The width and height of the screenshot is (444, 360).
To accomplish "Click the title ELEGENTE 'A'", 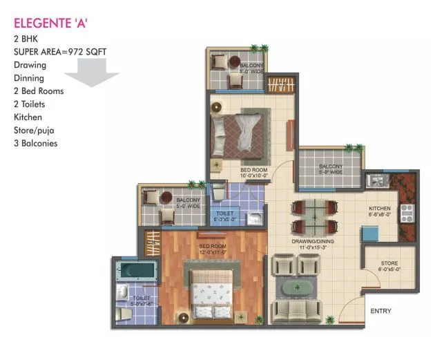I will coord(50,25).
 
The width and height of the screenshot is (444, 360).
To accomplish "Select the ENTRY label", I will coord(380,311).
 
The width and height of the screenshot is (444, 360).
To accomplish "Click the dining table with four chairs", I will coord(314,216).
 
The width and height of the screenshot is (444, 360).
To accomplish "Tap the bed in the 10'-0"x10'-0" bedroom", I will coord(238,132).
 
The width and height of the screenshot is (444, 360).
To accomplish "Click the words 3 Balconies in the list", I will coord(35,144).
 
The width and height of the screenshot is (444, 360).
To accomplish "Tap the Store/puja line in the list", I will coord(39,131).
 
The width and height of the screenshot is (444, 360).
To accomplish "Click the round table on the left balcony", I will coord(166,198).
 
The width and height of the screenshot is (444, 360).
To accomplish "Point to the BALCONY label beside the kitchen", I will coord(330,169).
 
